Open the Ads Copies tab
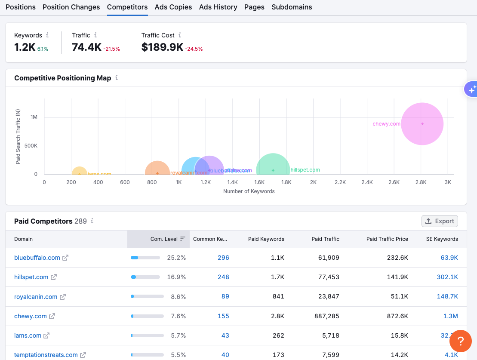point(173,7)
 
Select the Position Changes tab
point(71,7)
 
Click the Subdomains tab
point(292,7)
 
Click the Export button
point(440,221)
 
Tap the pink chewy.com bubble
point(422,124)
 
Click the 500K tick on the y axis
point(31,146)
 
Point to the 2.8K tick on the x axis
point(421,182)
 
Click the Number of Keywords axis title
point(249,191)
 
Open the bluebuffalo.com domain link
point(37,258)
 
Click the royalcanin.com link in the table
point(36,297)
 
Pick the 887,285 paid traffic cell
point(326,316)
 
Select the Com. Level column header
point(164,239)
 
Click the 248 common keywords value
point(223,277)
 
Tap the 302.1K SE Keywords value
point(447,277)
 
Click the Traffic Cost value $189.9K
point(162,47)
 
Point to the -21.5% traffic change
point(112,49)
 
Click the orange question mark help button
point(460,342)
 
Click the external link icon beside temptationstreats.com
point(83,355)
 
